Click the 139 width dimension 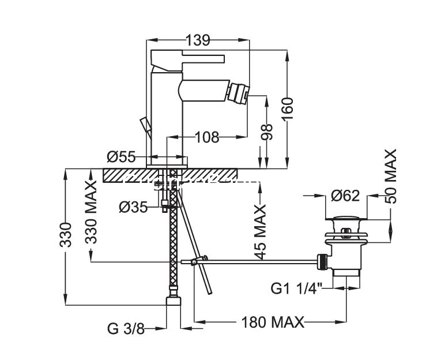click(x=198, y=40)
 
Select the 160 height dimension click(x=288, y=110)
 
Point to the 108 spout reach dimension click(x=207, y=137)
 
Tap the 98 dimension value click(x=267, y=132)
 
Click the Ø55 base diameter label click(x=121, y=157)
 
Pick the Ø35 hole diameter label click(x=133, y=207)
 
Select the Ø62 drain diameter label click(x=345, y=196)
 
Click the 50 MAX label click(x=390, y=177)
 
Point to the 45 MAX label click(x=260, y=231)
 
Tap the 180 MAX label click(x=273, y=322)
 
